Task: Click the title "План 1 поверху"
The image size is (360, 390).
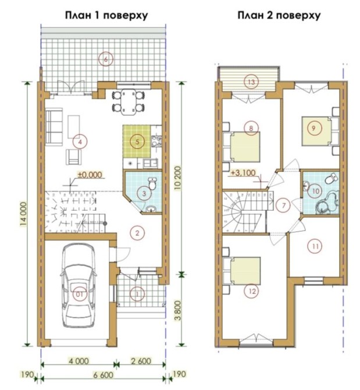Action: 106,15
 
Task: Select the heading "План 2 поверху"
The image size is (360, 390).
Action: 279,15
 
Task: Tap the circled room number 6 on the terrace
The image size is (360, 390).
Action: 106,59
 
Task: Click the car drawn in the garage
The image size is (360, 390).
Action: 79,285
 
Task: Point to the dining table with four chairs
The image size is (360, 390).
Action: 129,101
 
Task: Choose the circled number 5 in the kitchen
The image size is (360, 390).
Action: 137,142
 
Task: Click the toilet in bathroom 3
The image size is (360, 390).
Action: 152,183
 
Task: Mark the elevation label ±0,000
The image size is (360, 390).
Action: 90,175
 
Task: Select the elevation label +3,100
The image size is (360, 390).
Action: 243,172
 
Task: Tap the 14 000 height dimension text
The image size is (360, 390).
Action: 24,214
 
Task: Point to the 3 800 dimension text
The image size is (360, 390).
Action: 179,311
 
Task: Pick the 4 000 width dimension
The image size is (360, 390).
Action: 79,361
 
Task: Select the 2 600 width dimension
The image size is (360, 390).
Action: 141,361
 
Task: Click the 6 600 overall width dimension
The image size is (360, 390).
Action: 103,375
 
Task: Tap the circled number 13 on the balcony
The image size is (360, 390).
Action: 251,81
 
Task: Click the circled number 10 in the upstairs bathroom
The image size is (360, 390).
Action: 315,191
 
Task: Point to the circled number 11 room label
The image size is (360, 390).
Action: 315,246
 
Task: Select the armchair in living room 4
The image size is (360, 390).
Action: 74,157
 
